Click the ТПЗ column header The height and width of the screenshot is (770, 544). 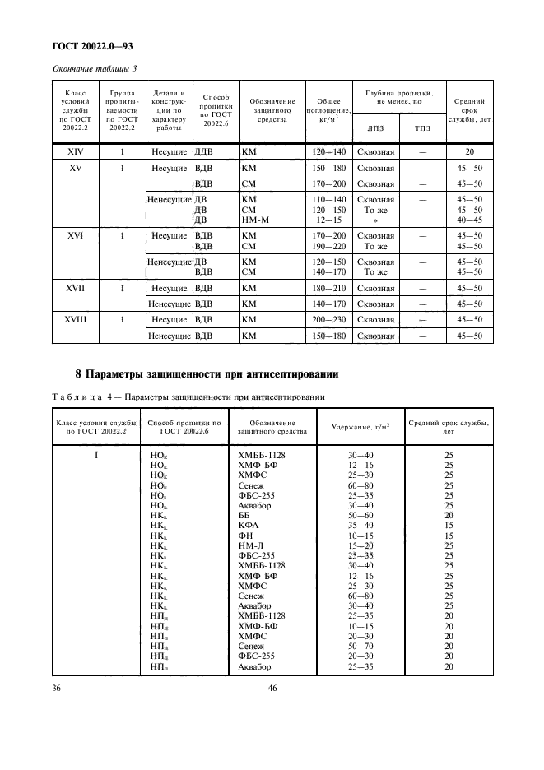pyautogui.click(x=423, y=128)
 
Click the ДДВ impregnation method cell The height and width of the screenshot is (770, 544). pyautogui.click(x=203, y=152)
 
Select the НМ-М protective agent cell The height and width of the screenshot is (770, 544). pyautogui.click(x=257, y=220)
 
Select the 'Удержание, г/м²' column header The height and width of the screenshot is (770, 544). pyautogui.click(x=360, y=427)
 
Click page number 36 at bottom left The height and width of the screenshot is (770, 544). pyautogui.click(x=58, y=688)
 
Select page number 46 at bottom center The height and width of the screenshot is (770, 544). pyautogui.click(x=272, y=688)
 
